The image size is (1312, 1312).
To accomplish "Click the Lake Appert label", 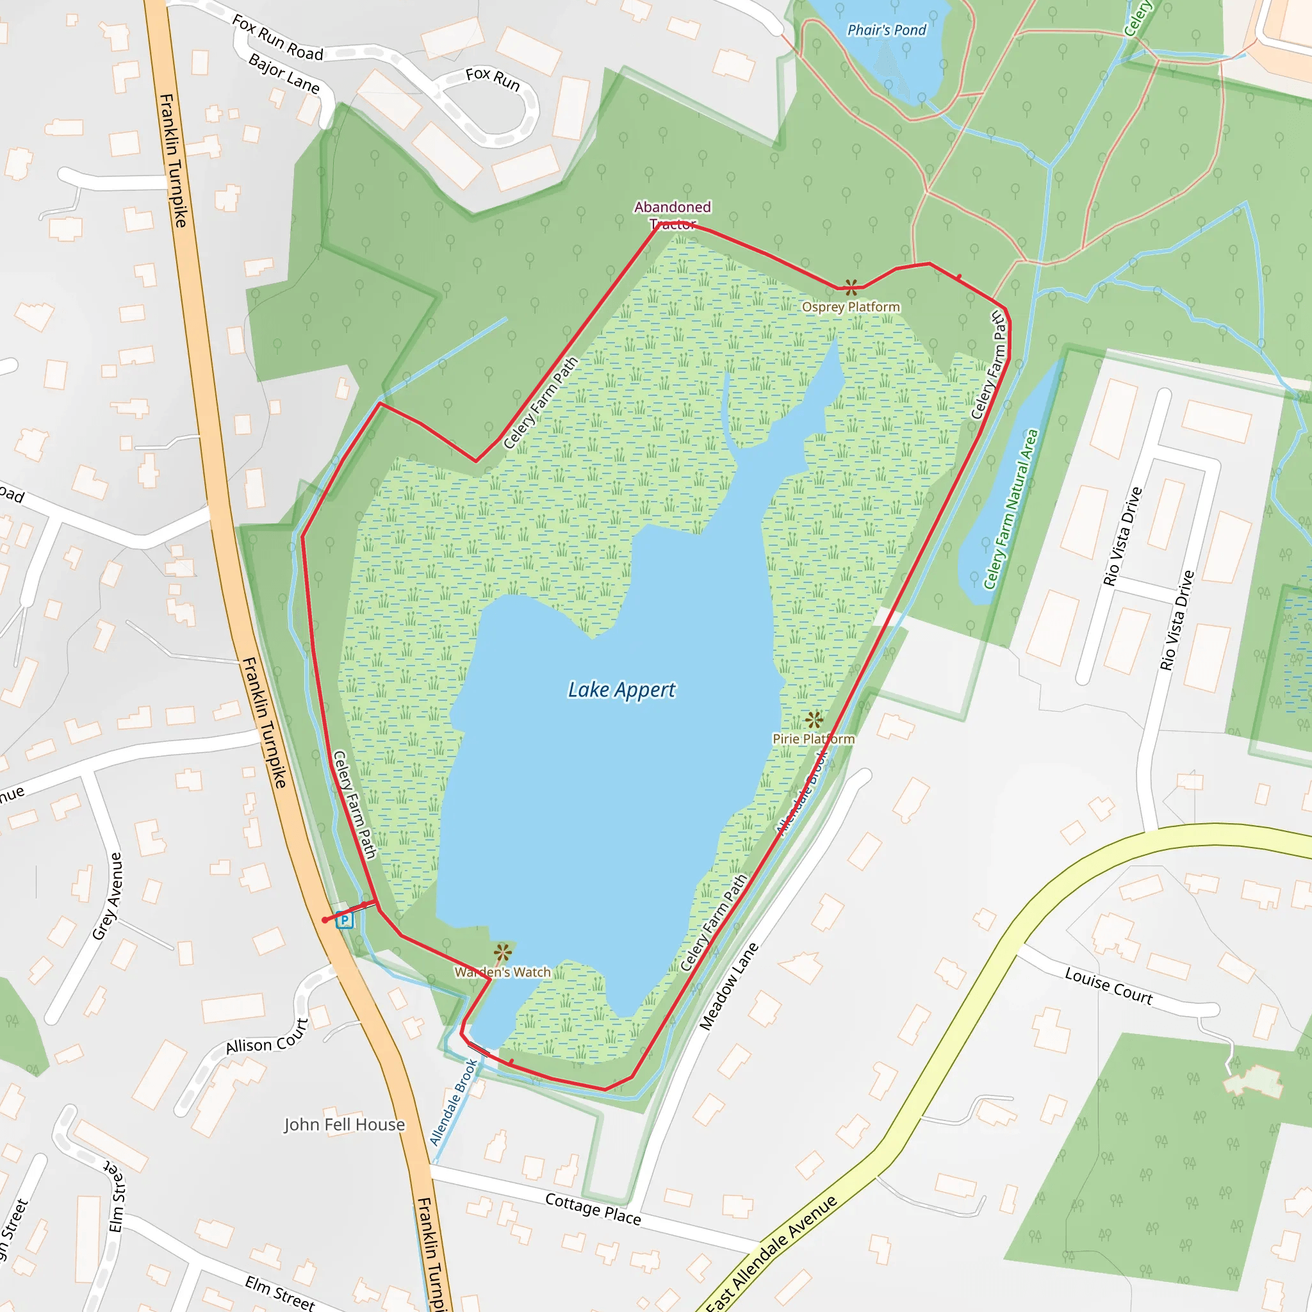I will [621, 690].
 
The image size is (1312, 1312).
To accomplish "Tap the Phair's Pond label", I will [886, 30].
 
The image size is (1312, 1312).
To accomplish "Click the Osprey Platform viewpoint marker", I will [851, 287].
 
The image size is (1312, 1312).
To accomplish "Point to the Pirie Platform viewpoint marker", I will [814, 720].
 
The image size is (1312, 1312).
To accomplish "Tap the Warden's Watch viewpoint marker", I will [502, 953].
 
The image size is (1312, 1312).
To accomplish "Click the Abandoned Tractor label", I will [672, 215].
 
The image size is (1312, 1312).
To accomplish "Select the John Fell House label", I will [344, 1124].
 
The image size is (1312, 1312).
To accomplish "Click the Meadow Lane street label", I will [728, 986].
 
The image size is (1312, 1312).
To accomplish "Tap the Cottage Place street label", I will [593, 1209].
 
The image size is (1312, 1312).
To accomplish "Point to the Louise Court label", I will [1108, 986].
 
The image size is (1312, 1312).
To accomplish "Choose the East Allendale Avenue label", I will [771, 1254].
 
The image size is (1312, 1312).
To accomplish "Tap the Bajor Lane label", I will [284, 72].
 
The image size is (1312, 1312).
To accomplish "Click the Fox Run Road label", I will [277, 38].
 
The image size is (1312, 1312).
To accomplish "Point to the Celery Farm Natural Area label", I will [1011, 509].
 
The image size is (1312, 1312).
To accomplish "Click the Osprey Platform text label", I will [851, 307].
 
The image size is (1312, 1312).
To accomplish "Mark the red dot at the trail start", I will [325, 920].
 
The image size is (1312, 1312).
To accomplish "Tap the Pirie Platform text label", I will [814, 739].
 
